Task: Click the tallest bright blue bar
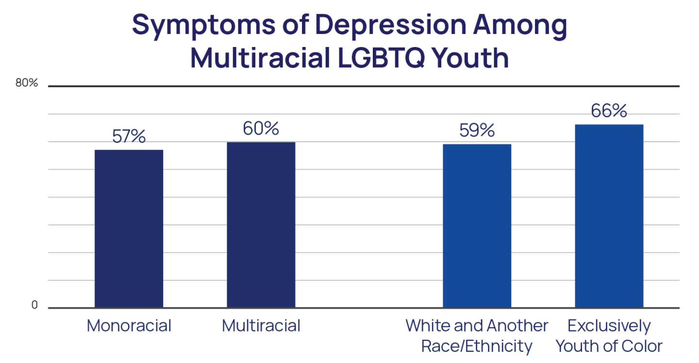click(609, 215)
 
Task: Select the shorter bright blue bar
click(477, 225)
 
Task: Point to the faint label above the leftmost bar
click(129, 142)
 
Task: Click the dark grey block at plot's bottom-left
click(47, 303)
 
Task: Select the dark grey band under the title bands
click(349, 83)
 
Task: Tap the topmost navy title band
click(349, 27)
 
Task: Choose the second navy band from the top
click(349, 57)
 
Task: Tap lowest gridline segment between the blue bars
click(543, 280)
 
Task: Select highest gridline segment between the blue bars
click(543, 170)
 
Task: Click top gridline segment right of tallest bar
click(671, 142)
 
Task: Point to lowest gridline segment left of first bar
click(47, 280)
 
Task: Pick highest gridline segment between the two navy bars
click(195, 170)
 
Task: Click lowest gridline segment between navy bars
click(195, 280)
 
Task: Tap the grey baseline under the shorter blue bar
click(477, 308)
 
